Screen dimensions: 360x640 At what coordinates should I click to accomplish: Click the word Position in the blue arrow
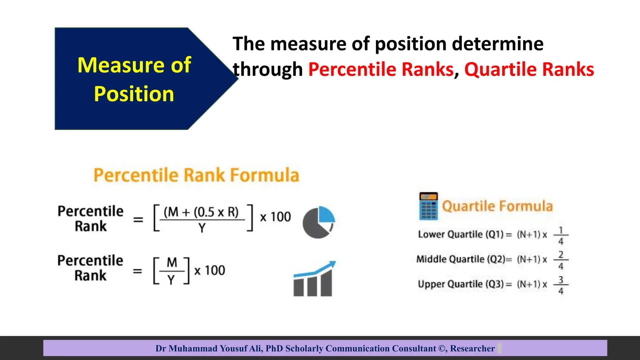[134, 94]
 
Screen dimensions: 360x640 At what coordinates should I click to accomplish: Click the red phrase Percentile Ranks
[381, 69]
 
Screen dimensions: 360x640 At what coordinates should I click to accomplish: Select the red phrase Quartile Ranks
[529, 69]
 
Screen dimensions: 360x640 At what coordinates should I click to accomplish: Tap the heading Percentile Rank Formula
[196, 175]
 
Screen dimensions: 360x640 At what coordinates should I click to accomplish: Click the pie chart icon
[318, 222]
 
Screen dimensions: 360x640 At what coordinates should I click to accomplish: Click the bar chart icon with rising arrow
[314, 279]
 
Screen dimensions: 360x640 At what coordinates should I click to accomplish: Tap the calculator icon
[428, 206]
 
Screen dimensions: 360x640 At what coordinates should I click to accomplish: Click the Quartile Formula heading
[497, 206]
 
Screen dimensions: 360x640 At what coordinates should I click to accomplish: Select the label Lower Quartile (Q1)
[461, 234]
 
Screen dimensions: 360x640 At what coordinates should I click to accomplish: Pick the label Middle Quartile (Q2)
[461, 259]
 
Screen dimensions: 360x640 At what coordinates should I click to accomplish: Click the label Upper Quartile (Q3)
[461, 284]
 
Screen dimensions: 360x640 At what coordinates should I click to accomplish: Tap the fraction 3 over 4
[561, 285]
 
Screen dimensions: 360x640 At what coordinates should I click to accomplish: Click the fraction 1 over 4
[561, 235]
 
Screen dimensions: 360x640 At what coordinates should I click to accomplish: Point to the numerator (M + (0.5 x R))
[201, 212]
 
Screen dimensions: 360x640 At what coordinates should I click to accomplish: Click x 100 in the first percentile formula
[275, 217]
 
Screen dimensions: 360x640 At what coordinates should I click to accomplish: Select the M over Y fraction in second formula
[172, 271]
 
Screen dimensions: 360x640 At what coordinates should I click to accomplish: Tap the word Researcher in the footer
[472, 348]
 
